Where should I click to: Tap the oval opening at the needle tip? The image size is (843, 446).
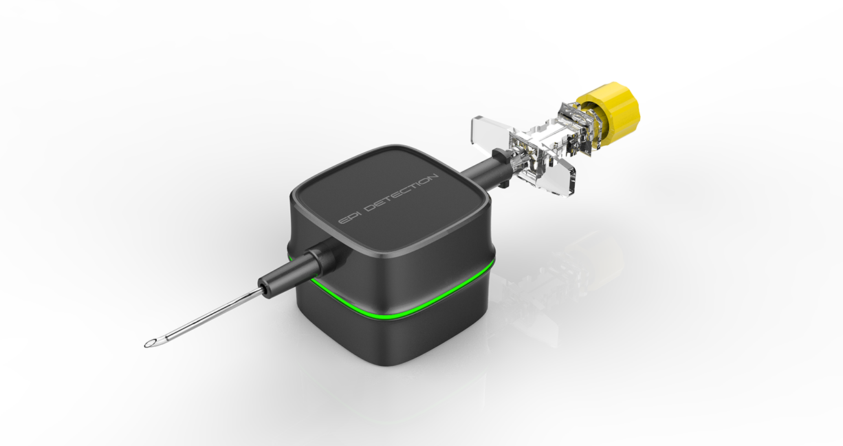(152, 343)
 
